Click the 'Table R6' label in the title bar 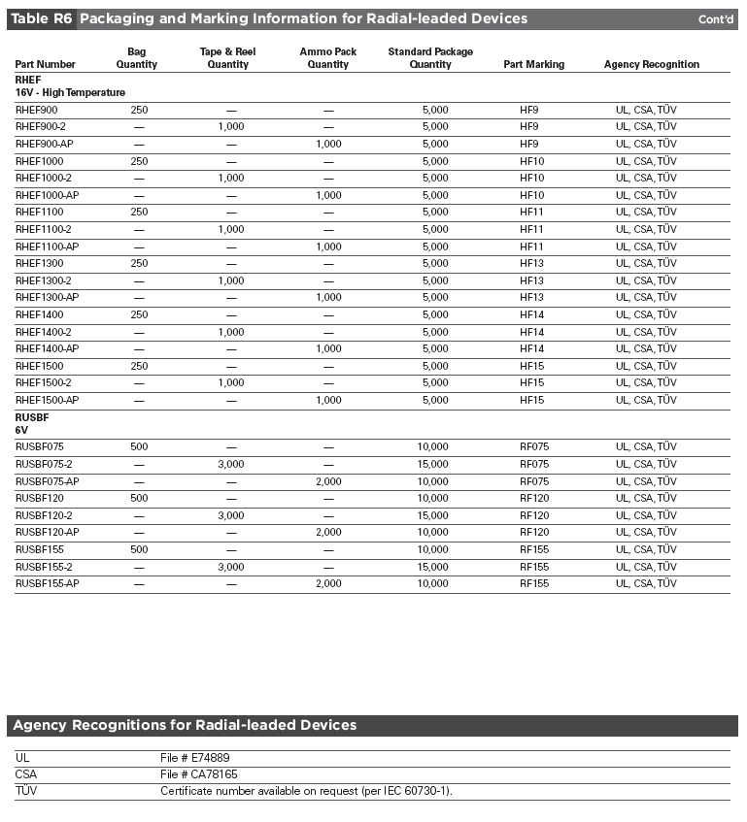coord(41,18)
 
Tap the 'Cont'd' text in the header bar coord(716,19)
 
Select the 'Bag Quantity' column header coord(137,57)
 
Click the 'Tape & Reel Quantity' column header coord(227,57)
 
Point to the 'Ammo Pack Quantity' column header coord(328,57)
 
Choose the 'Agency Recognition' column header coord(651,64)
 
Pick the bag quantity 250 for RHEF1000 coord(139,161)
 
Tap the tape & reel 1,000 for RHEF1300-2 coord(231,280)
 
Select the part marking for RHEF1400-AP coord(531,348)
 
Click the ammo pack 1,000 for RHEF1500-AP coord(328,400)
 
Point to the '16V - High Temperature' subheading coord(70,92)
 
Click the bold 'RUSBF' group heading coord(32,416)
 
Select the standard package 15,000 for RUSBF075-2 coord(432,464)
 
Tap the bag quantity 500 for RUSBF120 coord(139,498)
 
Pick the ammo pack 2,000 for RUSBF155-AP coord(328,583)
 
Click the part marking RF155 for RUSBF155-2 coord(534,567)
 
